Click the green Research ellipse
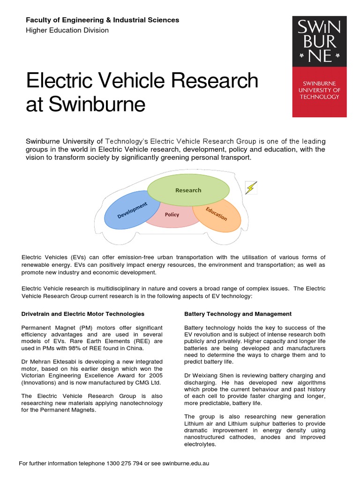point(188,190)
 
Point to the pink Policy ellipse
point(172,217)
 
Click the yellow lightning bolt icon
point(251,188)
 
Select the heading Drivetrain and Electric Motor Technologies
point(83,314)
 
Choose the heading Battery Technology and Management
point(238,314)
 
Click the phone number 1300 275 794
point(123,464)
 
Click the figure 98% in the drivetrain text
point(79,348)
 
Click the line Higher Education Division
point(67,30)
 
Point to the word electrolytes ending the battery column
point(200,444)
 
